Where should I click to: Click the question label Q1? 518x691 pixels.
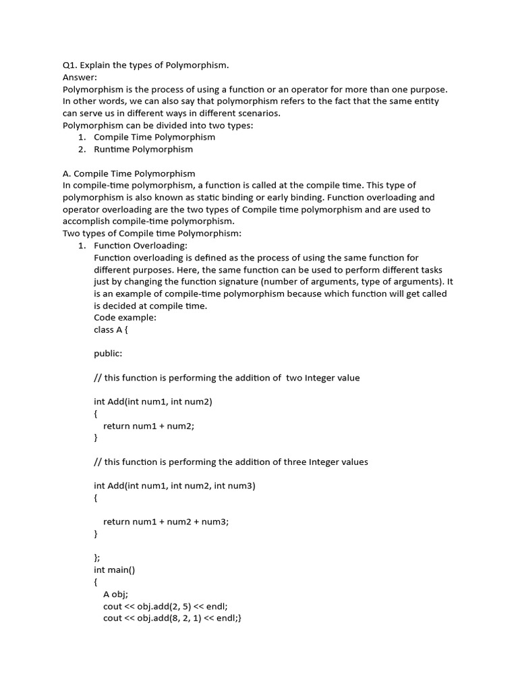click(70, 65)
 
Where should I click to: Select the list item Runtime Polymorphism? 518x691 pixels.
click(143, 149)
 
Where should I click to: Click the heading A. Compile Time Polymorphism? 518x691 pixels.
click(129, 173)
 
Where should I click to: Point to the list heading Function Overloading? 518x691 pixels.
click(140, 246)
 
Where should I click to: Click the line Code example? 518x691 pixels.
click(125, 317)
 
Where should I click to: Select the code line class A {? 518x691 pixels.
click(111, 329)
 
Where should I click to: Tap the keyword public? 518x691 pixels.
click(108, 354)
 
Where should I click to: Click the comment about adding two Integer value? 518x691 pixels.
click(227, 378)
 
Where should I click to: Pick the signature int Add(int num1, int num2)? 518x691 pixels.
click(153, 402)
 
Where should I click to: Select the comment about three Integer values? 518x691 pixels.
click(231, 462)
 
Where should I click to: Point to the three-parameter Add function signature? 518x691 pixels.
click(175, 486)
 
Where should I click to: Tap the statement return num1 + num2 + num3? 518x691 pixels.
click(166, 522)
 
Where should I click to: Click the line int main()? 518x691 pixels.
click(115, 570)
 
